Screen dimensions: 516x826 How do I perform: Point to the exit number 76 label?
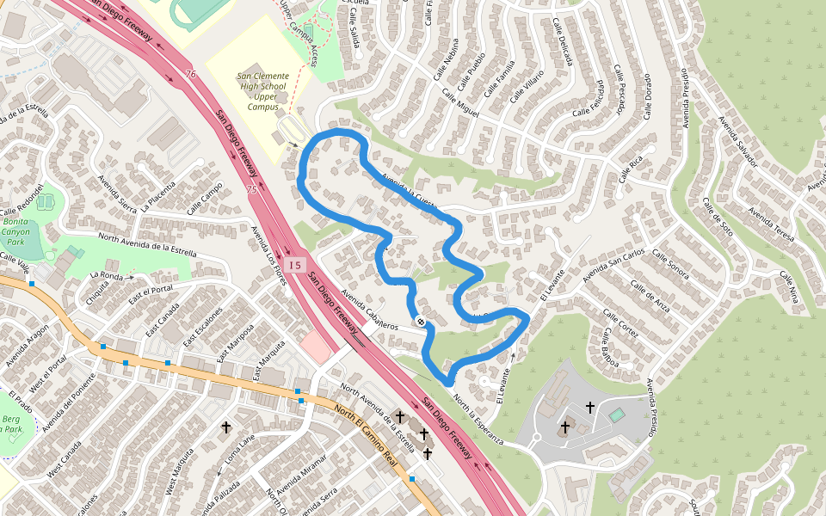click(190, 75)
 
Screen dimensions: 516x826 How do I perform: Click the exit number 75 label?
click(250, 188)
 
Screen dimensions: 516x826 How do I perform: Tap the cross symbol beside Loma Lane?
click(226, 427)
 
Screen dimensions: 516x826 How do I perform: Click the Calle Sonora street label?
click(670, 264)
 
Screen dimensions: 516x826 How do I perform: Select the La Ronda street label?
click(107, 276)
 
